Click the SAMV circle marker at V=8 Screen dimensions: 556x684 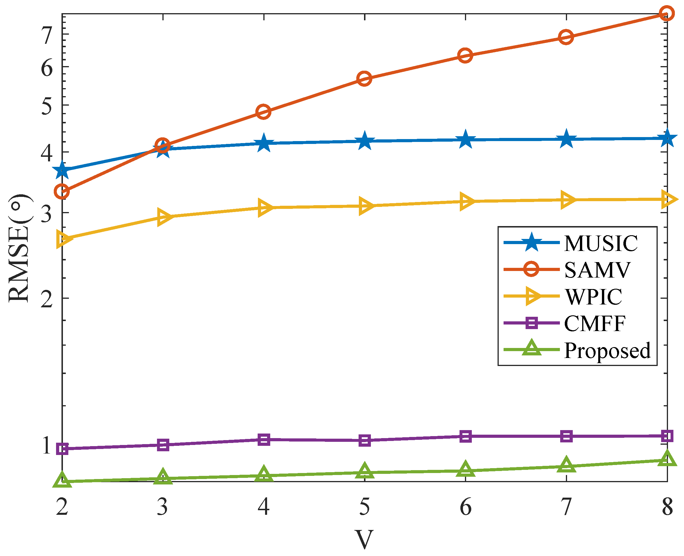pyautogui.click(x=667, y=13)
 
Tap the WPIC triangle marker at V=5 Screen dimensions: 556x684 pyautogui.click(x=365, y=206)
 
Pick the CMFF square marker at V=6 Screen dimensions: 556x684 pyautogui.click(x=466, y=436)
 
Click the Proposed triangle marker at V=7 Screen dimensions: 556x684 pyautogui.click(x=566, y=465)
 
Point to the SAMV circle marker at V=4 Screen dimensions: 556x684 pyautogui.click(x=263, y=112)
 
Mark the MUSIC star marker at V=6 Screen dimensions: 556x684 pyautogui.click(x=466, y=140)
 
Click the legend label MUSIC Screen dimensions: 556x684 pyautogui.click(x=601, y=244)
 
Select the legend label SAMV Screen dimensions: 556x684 pyautogui.click(x=597, y=270)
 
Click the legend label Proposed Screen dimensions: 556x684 pyautogui.click(x=607, y=350)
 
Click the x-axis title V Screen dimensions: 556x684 pyautogui.click(x=364, y=540)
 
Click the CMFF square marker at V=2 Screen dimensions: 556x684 pyautogui.click(x=62, y=449)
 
